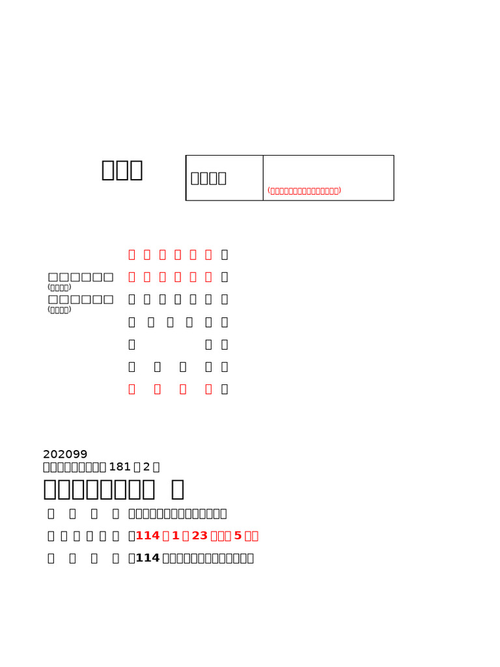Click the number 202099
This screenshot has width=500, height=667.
coord(65,454)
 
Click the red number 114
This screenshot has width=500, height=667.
coord(146,536)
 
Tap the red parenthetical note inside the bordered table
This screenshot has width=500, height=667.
coord(304,191)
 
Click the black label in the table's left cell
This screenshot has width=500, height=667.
coord(208,178)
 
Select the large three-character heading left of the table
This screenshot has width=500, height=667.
coord(122,170)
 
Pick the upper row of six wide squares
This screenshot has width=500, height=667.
coord(81,277)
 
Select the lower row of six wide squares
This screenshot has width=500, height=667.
coord(81,300)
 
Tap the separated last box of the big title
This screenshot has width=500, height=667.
coord(178,489)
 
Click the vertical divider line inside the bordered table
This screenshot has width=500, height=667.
coord(263,178)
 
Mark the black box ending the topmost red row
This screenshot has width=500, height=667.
coord(225,254)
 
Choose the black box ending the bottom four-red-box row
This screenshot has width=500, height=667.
coord(225,390)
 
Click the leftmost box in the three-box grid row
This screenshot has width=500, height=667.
coord(132,344)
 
